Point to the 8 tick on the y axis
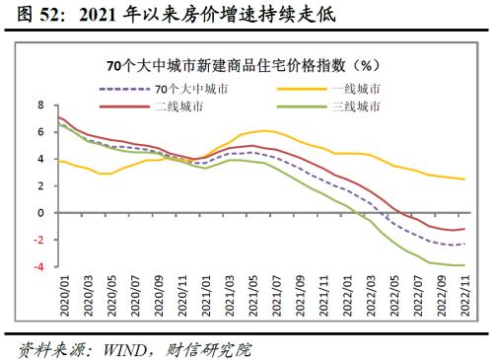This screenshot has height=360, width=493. tap(41, 105)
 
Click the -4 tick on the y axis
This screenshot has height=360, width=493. tap(39, 266)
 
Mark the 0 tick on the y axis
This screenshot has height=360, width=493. tap(41, 212)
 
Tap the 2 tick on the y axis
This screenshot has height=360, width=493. tap(41, 185)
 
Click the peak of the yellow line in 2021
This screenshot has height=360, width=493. tap(265, 130)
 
